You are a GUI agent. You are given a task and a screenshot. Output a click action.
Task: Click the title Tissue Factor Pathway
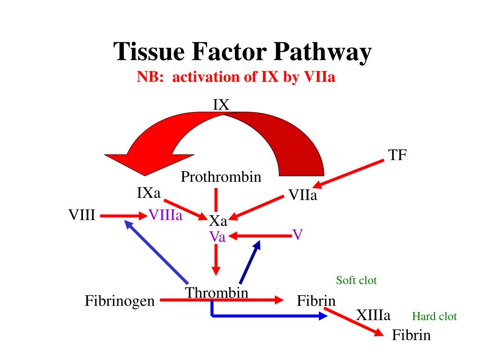(243, 52)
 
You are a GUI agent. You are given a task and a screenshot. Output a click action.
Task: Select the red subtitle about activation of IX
(236, 77)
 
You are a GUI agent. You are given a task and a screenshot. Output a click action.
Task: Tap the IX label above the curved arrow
(221, 105)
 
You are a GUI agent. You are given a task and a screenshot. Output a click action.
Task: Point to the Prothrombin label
(221, 177)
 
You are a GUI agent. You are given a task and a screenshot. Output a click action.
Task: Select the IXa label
(149, 192)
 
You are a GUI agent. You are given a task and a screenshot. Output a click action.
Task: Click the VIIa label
(302, 195)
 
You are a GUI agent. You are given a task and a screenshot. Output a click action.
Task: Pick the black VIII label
(82, 215)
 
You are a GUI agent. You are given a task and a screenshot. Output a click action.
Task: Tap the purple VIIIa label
(165, 215)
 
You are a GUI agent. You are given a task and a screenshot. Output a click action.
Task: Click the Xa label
(217, 220)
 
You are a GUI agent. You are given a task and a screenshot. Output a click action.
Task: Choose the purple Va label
(217, 237)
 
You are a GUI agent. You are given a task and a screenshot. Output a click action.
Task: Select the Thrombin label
(217, 293)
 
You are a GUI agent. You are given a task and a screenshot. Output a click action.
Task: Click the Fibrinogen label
(120, 300)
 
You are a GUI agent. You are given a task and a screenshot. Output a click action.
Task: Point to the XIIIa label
(373, 315)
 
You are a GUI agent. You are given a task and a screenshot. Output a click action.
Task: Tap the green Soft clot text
(356, 280)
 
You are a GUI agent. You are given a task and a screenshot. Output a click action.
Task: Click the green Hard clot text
(434, 316)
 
